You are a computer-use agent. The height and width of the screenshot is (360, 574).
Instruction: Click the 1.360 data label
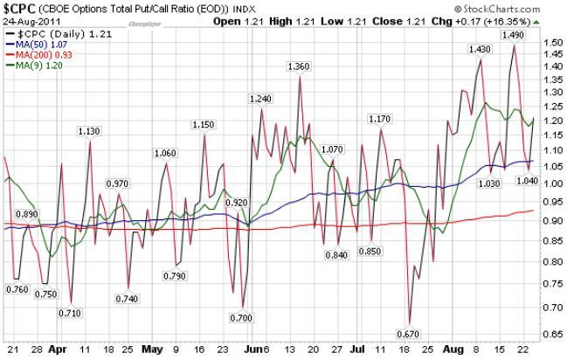(300, 66)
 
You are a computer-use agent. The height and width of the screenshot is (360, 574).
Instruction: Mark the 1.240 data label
(260, 99)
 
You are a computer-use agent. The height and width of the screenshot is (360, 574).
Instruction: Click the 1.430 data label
(480, 50)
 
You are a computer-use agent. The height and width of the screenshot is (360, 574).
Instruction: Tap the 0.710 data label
(70, 313)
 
